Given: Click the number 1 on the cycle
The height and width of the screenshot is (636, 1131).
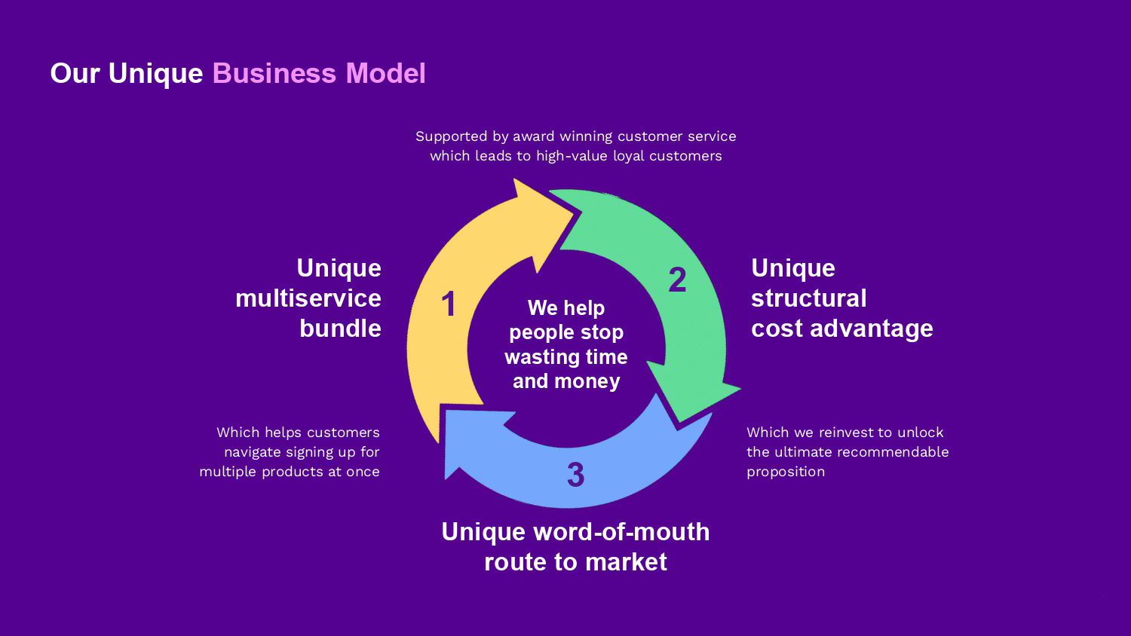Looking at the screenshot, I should pyautogui.click(x=449, y=304).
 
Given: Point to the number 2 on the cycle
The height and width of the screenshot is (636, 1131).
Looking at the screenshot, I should pyautogui.click(x=677, y=280).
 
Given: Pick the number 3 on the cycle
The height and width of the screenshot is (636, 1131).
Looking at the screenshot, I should pyautogui.click(x=575, y=475).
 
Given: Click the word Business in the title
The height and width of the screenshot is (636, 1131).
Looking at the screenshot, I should pyautogui.click(x=274, y=74).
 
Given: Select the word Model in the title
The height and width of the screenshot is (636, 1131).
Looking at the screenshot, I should pyautogui.click(x=385, y=74).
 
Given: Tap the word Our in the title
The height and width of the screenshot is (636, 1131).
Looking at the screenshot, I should pyautogui.click(x=75, y=74).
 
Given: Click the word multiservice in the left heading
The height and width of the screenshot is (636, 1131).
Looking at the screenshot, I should pyautogui.click(x=308, y=298).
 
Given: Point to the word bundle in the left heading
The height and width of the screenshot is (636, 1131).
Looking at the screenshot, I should pyautogui.click(x=340, y=329).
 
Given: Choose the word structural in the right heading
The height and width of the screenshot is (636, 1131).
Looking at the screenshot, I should pyautogui.click(x=808, y=298).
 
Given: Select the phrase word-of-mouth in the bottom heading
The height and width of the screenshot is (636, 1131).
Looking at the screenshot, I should pyautogui.click(x=621, y=532).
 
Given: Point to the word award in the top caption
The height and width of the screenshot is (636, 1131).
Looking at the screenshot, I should pyautogui.click(x=533, y=136).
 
